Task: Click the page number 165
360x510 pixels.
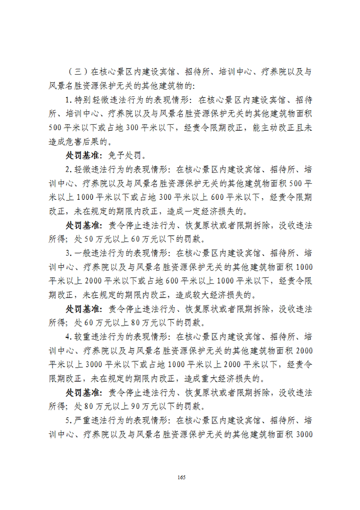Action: [x=180, y=477]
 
